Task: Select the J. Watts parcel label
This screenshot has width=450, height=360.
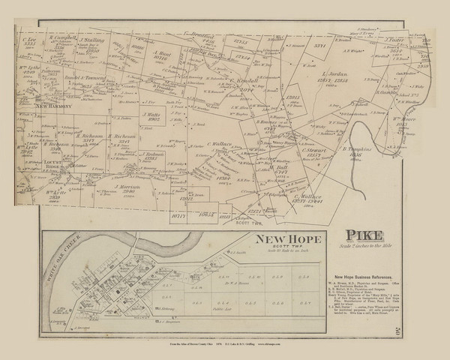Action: click(x=153, y=115)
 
